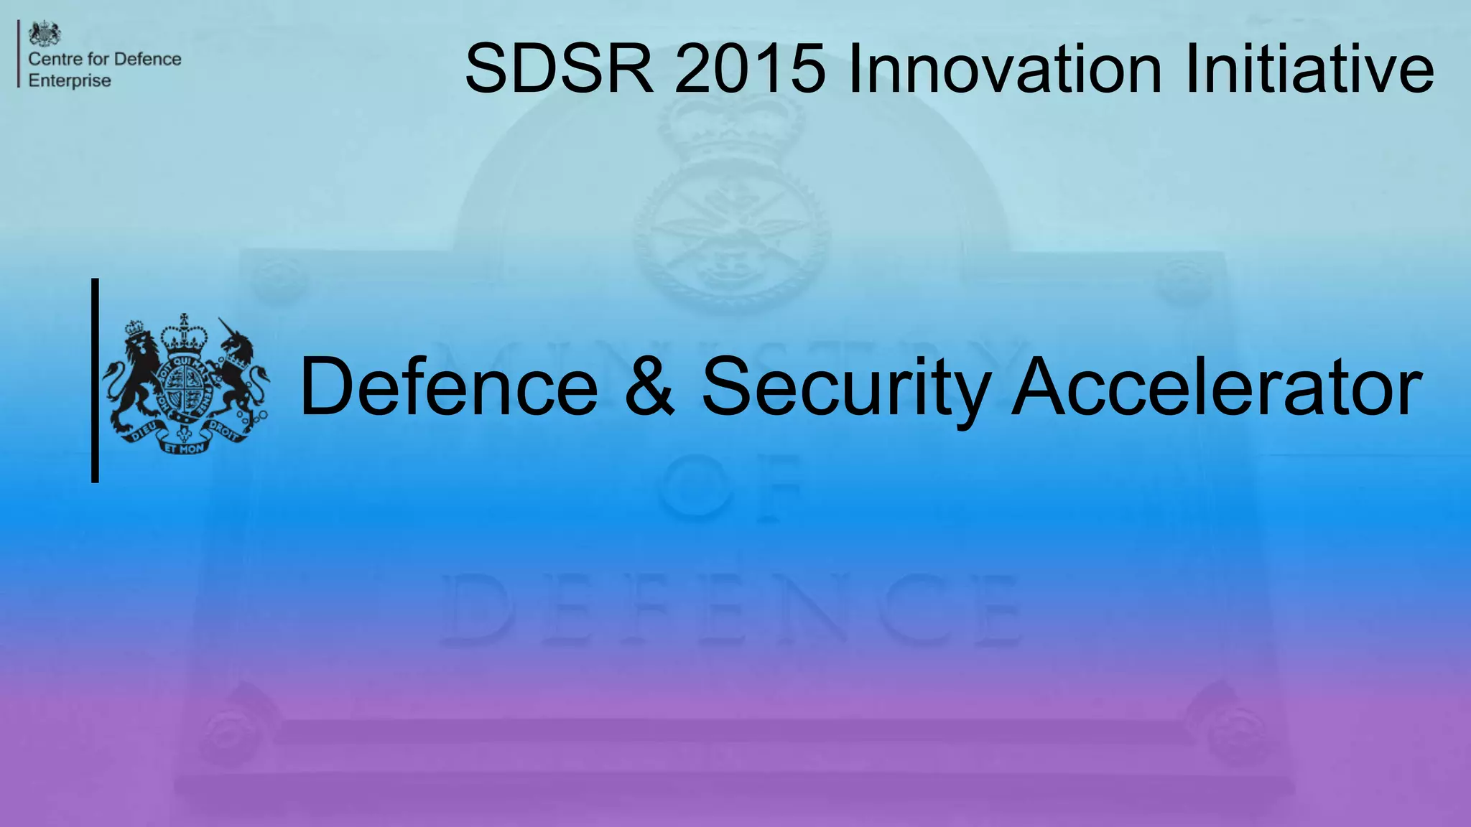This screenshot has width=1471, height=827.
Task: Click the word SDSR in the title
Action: coord(560,69)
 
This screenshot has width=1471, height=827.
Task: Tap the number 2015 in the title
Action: coord(750,69)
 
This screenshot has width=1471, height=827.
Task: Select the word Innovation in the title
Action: coord(1004,69)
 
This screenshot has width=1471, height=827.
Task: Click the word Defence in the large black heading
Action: coord(449,387)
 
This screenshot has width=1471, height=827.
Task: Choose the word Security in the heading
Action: coord(845,387)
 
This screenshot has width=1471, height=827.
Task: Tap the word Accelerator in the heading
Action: coord(1217,387)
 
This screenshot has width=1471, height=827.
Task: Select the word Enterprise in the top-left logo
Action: coord(70,80)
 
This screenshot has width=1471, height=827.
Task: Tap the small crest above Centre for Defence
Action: coord(45,34)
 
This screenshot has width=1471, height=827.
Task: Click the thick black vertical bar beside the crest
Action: coord(95,380)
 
